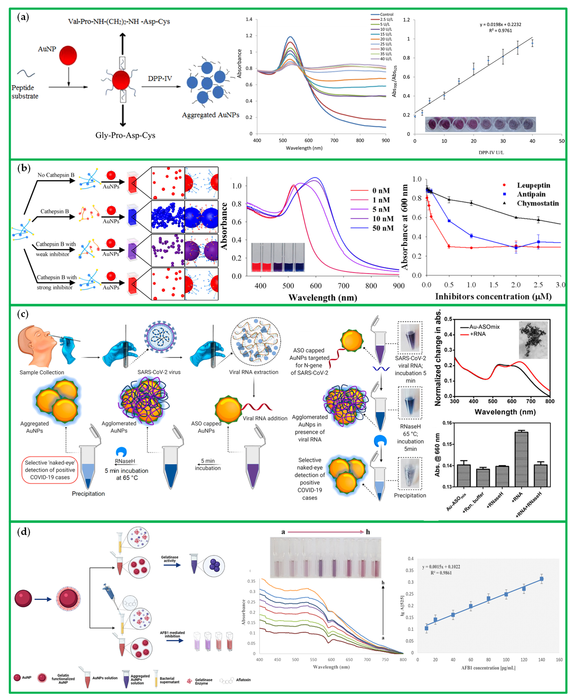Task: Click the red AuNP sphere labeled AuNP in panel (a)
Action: click(x=68, y=55)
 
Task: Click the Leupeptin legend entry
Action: click(x=533, y=185)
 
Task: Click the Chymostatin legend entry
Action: click(x=537, y=203)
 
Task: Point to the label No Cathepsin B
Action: click(x=56, y=175)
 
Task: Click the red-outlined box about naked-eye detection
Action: click(x=50, y=470)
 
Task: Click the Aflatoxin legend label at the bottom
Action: click(x=243, y=680)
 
